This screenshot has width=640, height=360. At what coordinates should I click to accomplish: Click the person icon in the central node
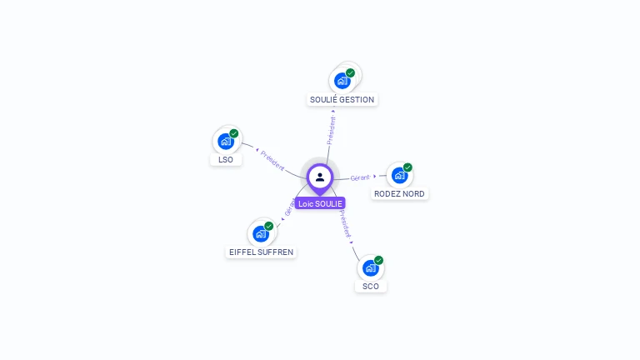coord(320,177)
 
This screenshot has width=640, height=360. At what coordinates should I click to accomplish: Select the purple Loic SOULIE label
coord(320,203)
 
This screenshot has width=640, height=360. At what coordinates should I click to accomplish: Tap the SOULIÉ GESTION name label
coord(342,100)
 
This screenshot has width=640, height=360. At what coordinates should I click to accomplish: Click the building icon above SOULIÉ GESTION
coord(341,81)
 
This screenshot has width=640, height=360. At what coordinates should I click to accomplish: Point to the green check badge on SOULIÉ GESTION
coord(351,72)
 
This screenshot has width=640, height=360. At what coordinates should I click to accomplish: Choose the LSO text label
coord(226,159)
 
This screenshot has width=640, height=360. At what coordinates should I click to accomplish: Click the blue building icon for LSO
coord(225,142)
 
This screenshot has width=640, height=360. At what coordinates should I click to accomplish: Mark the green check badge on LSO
coord(234,133)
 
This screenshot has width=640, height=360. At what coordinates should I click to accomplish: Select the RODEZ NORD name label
coord(399,193)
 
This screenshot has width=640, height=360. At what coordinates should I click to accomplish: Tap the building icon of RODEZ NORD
coord(399,176)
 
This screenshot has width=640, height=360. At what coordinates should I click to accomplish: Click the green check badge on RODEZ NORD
coord(408,167)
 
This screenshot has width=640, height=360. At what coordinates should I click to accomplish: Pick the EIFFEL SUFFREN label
coord(262,252)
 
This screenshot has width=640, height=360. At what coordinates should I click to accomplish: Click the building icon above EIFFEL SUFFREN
coord(260,234)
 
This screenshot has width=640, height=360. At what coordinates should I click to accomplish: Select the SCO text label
coord(371,286)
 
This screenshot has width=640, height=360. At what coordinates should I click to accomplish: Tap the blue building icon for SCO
coord(370,268)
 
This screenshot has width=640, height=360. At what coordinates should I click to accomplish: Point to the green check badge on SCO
coord(379,260)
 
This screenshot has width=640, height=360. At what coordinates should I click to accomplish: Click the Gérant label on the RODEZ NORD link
coord(360,177)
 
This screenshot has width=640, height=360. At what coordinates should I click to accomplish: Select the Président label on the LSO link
coord(272,160)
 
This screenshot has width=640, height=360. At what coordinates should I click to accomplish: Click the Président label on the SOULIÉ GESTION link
coord(332,131)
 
